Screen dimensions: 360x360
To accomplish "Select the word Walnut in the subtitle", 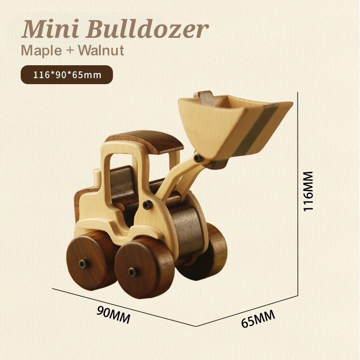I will tap(100, 50).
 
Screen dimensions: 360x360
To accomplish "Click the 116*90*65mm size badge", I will tap(67, 75).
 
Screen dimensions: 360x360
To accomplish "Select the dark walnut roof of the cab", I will tap(148, 141).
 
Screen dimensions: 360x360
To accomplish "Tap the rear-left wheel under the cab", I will tap(88, 261).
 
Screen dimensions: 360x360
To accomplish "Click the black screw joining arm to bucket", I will tap(198, 158).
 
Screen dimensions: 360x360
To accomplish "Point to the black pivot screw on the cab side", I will tap(146, 205).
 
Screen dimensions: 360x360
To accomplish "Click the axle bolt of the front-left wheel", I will tap(132, 272).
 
